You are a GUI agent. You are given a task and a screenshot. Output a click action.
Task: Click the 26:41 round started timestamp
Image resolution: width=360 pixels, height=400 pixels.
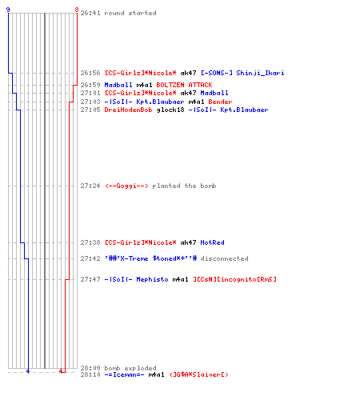90,13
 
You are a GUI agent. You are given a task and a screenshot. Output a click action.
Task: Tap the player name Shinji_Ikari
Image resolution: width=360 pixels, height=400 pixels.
260,73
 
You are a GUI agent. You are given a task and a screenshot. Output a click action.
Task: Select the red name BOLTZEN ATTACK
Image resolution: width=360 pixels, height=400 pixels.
184,85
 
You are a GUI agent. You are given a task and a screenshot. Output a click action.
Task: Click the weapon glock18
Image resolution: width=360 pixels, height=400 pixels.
170,110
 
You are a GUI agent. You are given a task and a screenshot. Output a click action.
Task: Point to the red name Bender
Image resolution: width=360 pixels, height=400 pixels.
220,102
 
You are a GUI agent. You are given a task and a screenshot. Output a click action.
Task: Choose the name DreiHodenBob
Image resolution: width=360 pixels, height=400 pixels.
128,110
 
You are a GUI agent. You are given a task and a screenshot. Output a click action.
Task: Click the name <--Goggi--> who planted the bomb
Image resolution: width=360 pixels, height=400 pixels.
126,186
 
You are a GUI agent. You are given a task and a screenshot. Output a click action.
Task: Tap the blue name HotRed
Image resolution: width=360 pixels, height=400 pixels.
212,242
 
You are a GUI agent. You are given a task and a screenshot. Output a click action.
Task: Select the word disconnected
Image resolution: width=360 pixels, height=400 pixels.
224,258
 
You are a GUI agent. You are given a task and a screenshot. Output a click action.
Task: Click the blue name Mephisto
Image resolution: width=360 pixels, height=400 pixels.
152,279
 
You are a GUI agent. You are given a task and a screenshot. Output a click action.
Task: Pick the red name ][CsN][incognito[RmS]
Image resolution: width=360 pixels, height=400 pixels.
235,279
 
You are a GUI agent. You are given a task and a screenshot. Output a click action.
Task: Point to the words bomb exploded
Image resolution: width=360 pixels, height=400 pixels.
130,368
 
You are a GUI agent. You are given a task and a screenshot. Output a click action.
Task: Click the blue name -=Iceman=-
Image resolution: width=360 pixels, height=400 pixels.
124,374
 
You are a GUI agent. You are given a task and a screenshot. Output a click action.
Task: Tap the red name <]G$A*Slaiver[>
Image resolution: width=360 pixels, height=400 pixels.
198,374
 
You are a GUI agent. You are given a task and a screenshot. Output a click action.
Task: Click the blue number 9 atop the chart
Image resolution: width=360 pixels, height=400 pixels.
8,10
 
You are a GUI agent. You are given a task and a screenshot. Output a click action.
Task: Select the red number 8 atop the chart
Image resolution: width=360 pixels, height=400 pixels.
77,10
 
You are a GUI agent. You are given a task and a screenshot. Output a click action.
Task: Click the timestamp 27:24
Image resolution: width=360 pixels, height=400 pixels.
90,186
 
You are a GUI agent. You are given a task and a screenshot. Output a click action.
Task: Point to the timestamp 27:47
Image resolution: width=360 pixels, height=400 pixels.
90,279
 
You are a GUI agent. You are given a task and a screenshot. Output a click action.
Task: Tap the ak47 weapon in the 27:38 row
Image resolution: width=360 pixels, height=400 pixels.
188,242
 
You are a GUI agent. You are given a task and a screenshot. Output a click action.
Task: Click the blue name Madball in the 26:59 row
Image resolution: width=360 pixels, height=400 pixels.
118,85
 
